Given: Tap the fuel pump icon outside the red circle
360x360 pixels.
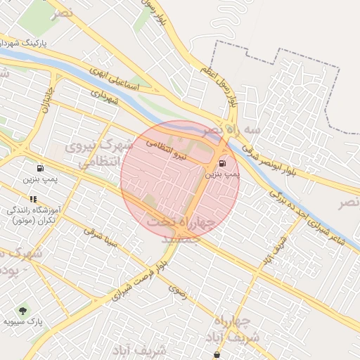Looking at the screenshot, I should pyautogui.click(x=39, y=169).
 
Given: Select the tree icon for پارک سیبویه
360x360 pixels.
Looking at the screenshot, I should pyautogui.click(x=22, y=310).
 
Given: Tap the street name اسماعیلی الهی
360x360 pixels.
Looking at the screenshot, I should pyautogui.click(x=115, y=84).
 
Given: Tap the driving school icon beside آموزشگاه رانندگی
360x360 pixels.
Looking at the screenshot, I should pyautogui.click(x=33, y=199).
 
